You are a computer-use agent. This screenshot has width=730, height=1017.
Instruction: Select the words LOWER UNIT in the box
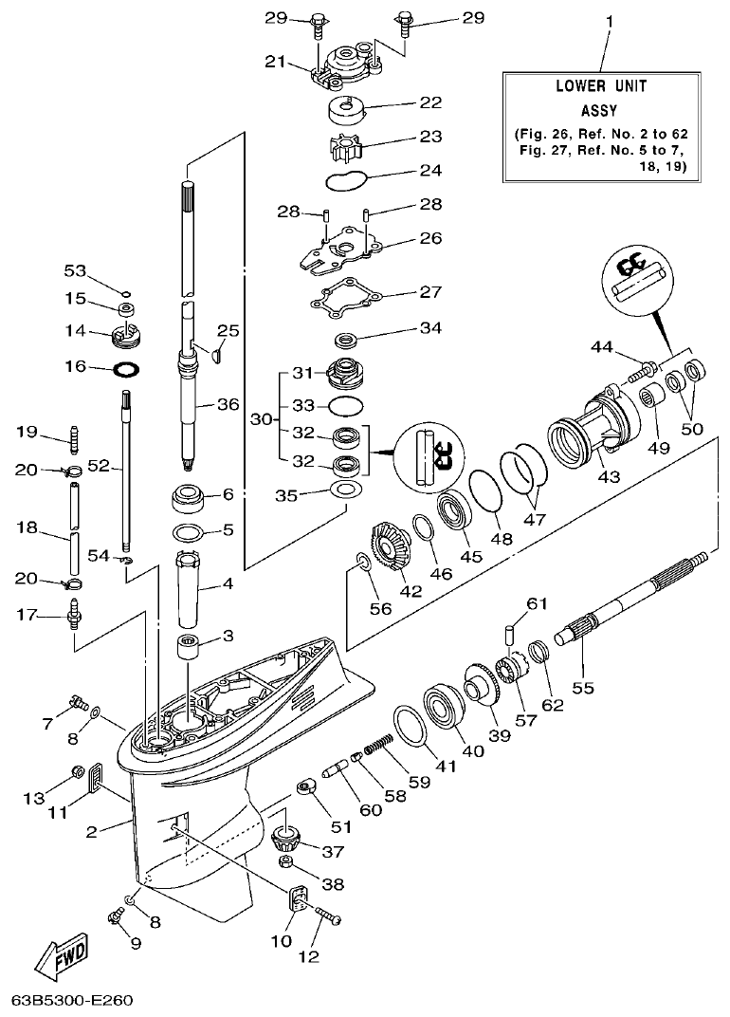point(599,86)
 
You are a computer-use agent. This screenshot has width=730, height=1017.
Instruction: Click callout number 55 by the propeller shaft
point(582,687)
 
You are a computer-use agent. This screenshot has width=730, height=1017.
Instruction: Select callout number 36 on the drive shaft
point(228,403)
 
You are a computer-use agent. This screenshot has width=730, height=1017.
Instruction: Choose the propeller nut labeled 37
point(285,837)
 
